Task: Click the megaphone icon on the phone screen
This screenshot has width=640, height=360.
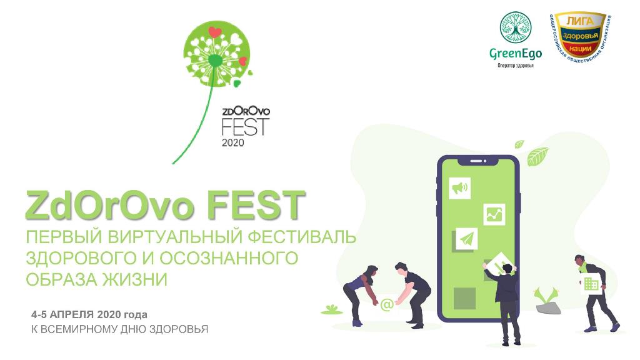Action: coord(459,188)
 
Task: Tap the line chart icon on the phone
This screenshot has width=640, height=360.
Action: coord(494,214)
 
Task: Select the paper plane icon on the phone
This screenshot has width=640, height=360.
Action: coord(466,239)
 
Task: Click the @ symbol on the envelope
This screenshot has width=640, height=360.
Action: coord(386,304)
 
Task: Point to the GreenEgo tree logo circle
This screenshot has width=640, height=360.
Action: coord(516,27)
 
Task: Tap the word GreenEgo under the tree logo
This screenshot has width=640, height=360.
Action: coord(516,54)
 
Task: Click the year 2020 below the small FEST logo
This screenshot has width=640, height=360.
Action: coord(232,142)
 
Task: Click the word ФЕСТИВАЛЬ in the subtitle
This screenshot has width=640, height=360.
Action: coord(302,237)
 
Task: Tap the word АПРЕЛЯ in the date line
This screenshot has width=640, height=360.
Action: coord(72,315)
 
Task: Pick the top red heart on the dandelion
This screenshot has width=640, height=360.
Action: coord(214,32)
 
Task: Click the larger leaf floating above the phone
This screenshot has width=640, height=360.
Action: coord(537,156)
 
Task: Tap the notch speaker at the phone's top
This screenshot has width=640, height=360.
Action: coord(476,161)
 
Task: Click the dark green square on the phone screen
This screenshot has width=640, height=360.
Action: coord(464,298)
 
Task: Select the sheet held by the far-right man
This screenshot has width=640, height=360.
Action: coord(590,283)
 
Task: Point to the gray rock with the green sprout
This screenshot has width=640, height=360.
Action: coord(547,307)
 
